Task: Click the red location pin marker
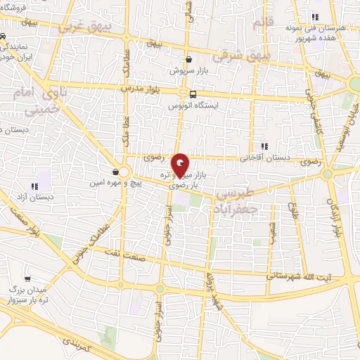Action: [x=180, y=165]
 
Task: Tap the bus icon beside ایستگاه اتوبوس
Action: [x=193, y=94]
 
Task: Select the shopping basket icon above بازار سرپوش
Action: [x=188, y=60]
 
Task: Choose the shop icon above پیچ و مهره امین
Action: [x=115, y=171]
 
